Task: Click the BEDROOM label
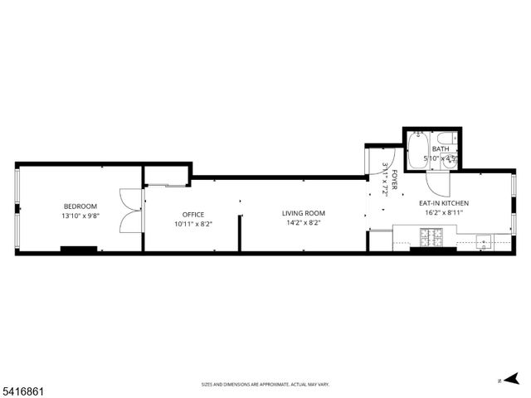click(80, 206)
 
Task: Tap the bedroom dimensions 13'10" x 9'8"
click(80, 216)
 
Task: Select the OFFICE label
click(192, 215)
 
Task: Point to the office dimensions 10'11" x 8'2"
click(192, 224)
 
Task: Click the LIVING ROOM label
click(304, 213)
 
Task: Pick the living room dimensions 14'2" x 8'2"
click(304, 222)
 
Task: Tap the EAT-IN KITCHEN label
click(444, 203)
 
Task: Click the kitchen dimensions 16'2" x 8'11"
click(444, 212)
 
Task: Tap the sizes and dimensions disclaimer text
click(265, 385)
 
